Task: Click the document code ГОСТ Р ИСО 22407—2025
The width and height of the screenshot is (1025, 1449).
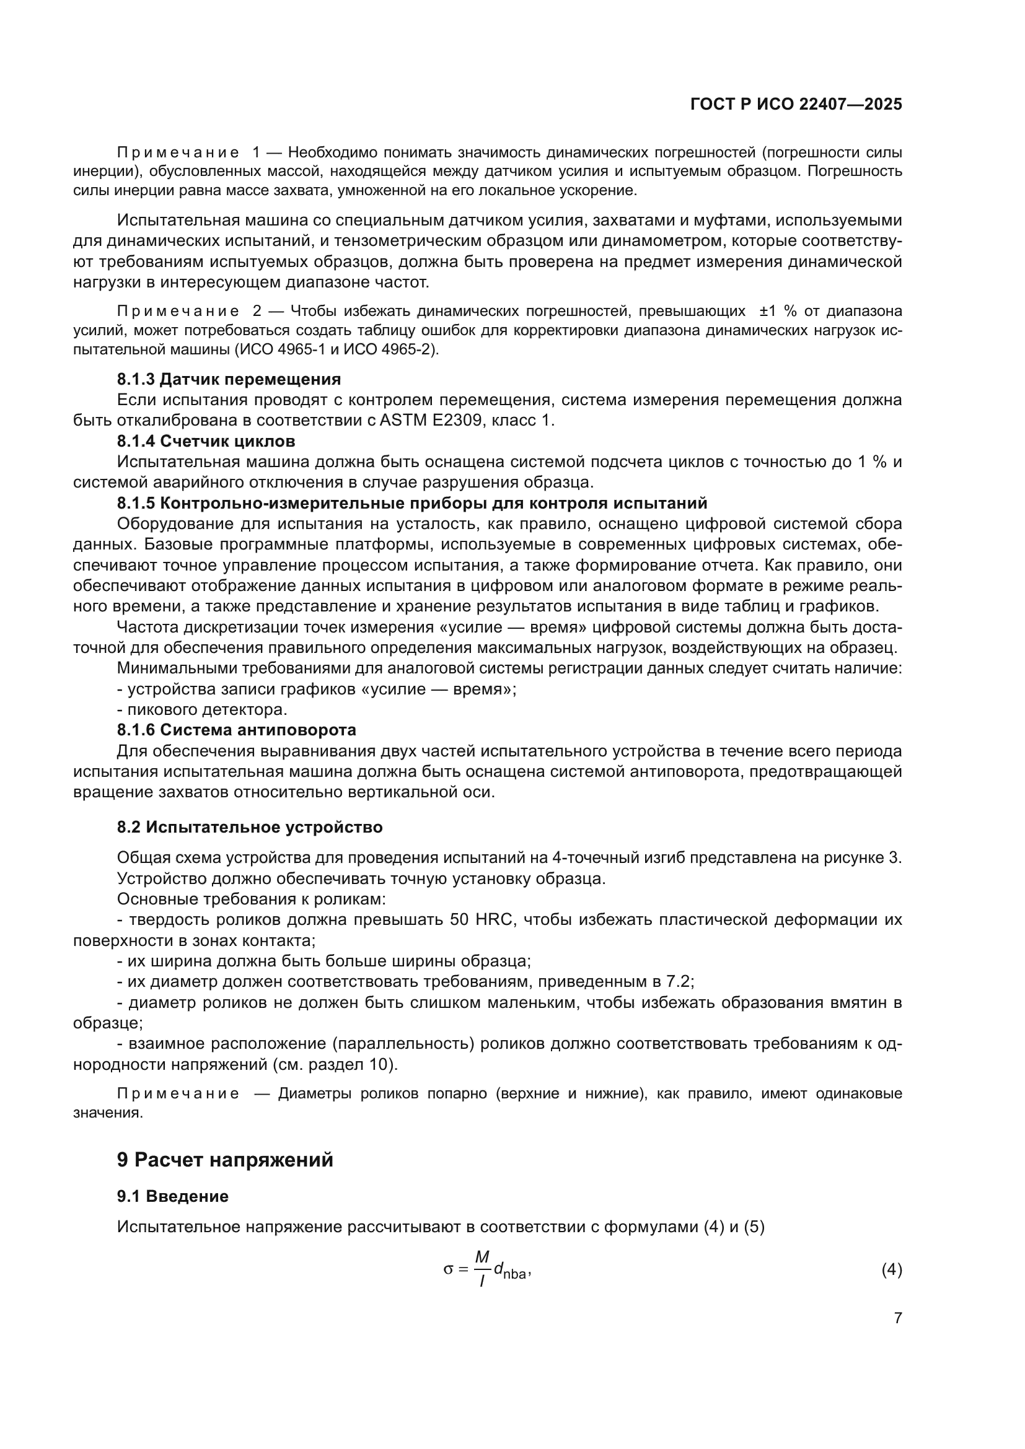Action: tap(796, 104)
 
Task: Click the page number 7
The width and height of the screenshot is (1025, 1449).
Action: tap(897, 1318)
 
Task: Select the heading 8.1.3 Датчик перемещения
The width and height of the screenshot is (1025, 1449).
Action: tap(229, 379)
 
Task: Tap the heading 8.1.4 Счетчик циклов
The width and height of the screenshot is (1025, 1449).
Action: tap(206, 440)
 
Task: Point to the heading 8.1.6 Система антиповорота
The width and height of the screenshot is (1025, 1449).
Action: tap(236, 730)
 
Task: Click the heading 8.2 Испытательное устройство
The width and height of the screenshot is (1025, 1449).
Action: tap(249, 827)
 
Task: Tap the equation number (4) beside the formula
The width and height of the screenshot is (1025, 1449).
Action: tap(891, 1269)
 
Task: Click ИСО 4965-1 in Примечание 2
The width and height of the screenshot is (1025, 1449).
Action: tap(275, 349)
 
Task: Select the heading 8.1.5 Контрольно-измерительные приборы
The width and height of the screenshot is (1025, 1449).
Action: tap(411, 503)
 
